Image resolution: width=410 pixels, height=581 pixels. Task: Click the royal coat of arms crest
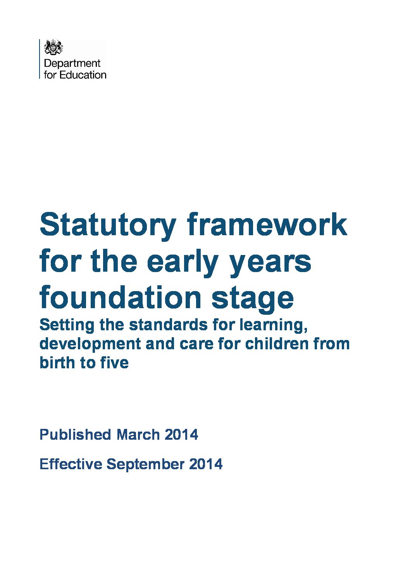53,47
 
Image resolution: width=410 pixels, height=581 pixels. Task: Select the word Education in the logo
83,75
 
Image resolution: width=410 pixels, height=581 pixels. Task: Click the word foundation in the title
121,297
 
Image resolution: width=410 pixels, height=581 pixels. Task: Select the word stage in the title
253,300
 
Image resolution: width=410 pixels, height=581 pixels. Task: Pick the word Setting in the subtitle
67,326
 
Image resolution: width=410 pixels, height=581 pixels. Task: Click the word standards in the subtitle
168,325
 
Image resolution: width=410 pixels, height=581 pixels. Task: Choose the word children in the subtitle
277,343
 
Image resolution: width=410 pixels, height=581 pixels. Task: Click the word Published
75,434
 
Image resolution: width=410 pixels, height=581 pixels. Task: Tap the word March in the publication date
138,434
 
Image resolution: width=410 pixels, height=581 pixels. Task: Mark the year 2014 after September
206,464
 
